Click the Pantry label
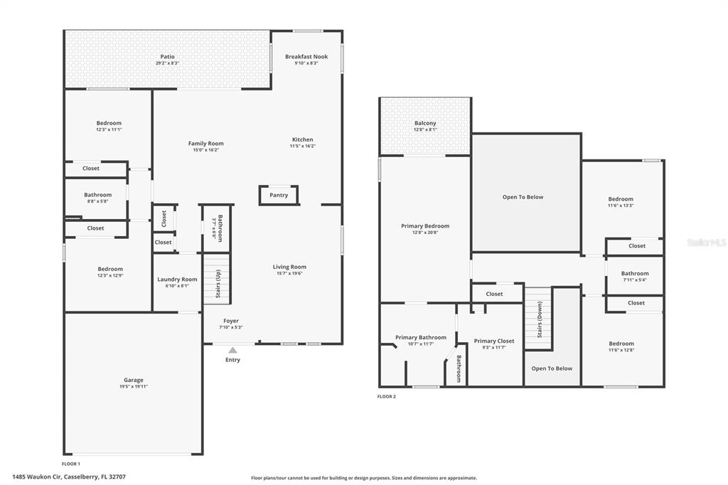point(279,195)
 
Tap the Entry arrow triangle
point(232,350)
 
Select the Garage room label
point(133,380)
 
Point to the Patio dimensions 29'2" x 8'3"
point(168,63)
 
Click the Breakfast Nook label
point(306,57)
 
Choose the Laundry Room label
point(177,279)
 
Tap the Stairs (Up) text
point(218,284)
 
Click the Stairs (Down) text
point(540,319)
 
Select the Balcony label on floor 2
point(425,123)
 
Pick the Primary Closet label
point(494,341)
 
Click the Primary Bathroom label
point(421,337)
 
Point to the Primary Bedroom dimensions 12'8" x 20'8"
point(425,233)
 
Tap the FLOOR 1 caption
point(71,464)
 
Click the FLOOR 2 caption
point(387,396)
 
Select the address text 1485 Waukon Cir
point(37,476)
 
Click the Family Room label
point(205,144)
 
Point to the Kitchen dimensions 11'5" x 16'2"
point(303,146)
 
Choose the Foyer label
point(231,321)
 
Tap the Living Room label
point(289,267)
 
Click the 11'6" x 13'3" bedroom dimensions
point(621,206)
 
